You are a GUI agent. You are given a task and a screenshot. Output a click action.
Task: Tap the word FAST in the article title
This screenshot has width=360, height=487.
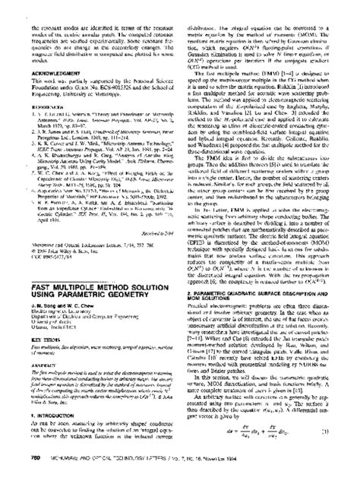[23, 263]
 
